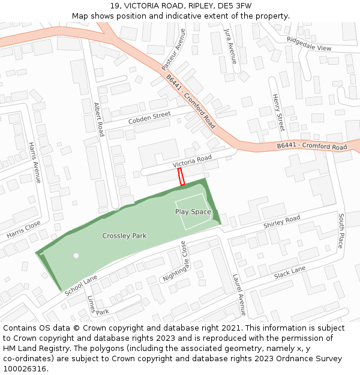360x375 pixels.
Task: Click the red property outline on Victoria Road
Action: tap(181, 177)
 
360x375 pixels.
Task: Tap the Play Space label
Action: tap(193, 212)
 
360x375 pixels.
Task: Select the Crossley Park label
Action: tap(124, 236)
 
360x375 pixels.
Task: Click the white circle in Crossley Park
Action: tap(76, 256)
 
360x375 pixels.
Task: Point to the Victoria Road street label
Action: tap(192, 161)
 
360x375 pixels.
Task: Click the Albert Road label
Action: tap(98, 119)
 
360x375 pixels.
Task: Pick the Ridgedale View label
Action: tap(308, 44)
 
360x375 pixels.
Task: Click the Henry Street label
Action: tap(278, 112)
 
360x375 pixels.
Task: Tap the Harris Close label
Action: tap(24, 229)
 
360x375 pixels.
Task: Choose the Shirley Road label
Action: tap(281, 222)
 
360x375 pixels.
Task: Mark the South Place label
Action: tap(340, 231)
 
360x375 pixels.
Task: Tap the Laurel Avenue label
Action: tap(239, 295)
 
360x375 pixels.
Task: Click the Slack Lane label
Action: tap(290, 273)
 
